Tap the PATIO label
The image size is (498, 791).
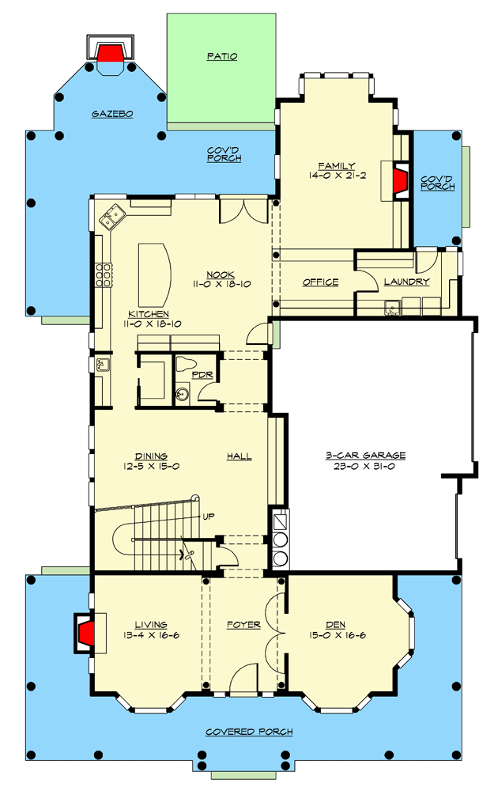(x=222, y=56)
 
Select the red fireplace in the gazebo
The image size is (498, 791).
(x=110, y=52)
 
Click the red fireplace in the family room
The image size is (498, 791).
(x=402, y=180)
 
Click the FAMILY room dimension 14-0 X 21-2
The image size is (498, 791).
(x=337, y=176)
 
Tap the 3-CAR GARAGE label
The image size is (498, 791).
(x=365, y=456)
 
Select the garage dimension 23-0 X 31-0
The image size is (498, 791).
(x=365, y=467)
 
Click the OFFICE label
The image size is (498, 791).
(x=321, y=282)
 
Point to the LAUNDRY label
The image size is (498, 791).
(x=406, y=282)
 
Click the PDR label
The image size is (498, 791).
(x=202, y=375)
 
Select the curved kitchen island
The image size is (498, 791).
(x=156, y=274)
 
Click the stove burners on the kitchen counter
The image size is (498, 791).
(x=103, y=274)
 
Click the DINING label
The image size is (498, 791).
(x=150, y=456)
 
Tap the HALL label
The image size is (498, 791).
(x=239, y=456)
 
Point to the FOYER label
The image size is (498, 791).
(x=243, y=625)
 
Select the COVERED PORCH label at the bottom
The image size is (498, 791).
(x=249, y=732)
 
